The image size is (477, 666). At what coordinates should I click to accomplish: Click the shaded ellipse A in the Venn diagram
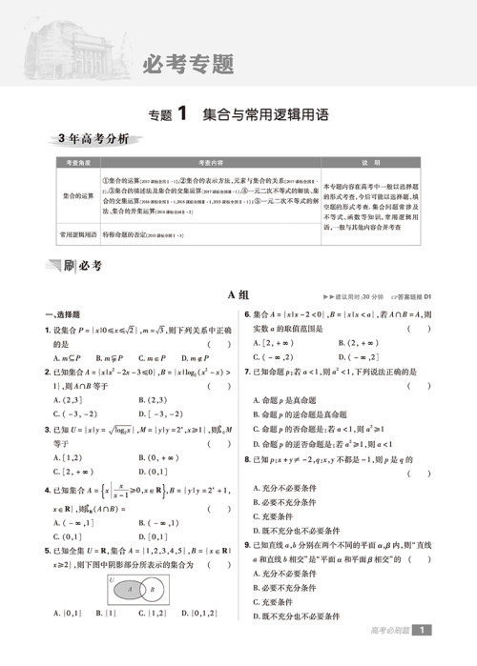[132, 590]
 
